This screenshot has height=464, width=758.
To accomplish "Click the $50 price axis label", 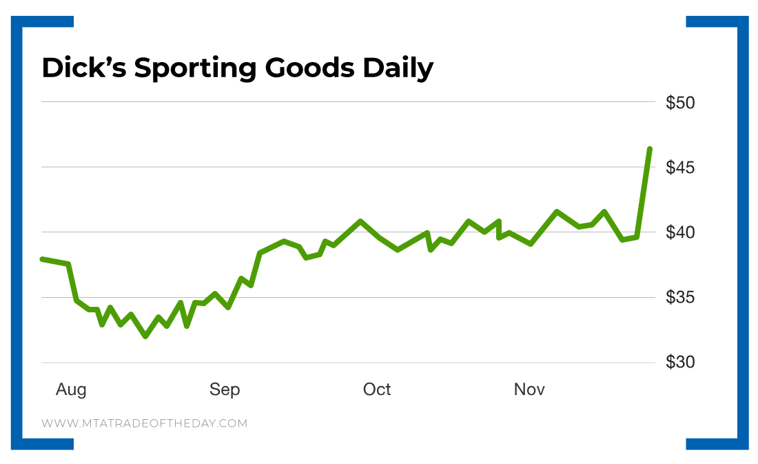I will [680, 103].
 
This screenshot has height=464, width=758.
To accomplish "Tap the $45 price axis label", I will [680, 168].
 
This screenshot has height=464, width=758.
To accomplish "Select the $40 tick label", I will [680, 232].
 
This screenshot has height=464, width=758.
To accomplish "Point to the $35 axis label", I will [680, 298].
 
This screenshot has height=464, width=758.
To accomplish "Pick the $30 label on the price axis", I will [680, 363].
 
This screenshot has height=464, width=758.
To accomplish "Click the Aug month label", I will [71, 390].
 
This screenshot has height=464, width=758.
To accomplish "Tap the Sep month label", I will [225, 390].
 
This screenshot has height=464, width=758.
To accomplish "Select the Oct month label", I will [377, 390].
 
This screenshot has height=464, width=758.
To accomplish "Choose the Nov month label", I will [529, 390].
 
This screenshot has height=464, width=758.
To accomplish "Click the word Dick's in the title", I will [83, 68].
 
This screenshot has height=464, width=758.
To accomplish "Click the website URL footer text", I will [144, 423].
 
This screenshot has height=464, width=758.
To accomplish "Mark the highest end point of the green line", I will [650, 149].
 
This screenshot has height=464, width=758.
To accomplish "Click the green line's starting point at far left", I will [42, 259].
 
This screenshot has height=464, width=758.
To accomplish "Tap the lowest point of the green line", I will [145, 336].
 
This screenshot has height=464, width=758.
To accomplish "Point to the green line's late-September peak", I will [360, 221].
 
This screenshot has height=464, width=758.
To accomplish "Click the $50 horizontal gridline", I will [345, 102].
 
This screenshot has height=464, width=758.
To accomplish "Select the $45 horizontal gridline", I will [345, 167].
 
